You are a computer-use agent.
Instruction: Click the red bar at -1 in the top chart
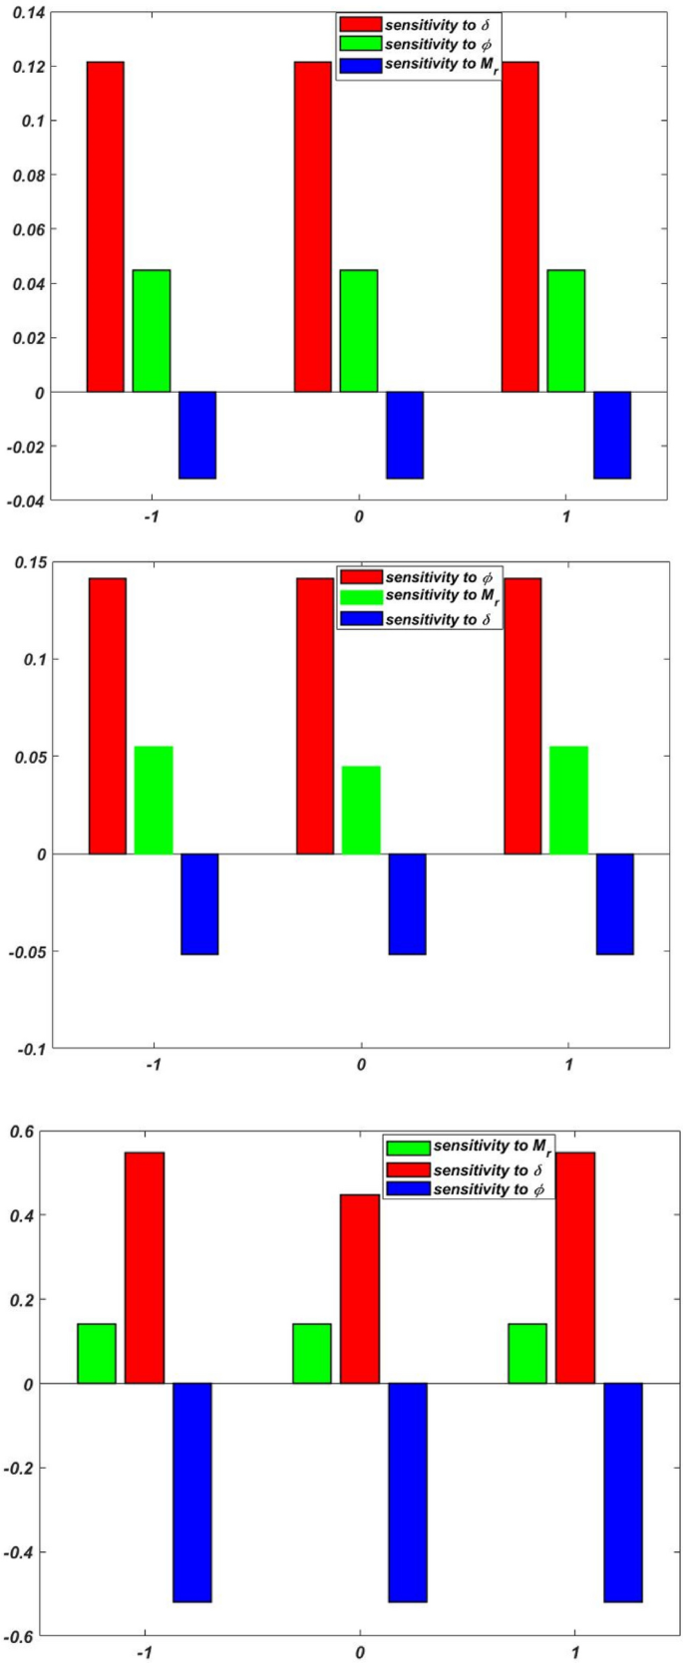coord(105,226)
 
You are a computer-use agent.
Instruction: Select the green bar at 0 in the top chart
coord(358,330)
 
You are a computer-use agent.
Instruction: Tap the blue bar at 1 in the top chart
coord(611,435)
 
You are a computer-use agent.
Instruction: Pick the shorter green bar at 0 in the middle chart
coord(361,810)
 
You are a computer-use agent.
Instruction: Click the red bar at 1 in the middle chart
coord(522,716)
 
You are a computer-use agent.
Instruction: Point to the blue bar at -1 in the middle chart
coord(199,903)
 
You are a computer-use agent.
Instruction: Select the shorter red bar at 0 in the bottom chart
coord(359,1288)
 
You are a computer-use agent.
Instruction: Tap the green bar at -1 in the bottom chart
coord(97,1353)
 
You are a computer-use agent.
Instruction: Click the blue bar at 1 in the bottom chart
coord(623,1492)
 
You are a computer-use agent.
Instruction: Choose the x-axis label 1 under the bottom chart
coord(575,1652)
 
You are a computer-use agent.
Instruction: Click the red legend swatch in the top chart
coord(360,23)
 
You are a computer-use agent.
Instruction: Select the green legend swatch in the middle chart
coord(360,596)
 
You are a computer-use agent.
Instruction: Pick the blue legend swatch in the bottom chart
coord(408,1189)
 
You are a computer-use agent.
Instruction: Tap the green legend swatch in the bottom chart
coord(408,1148)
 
